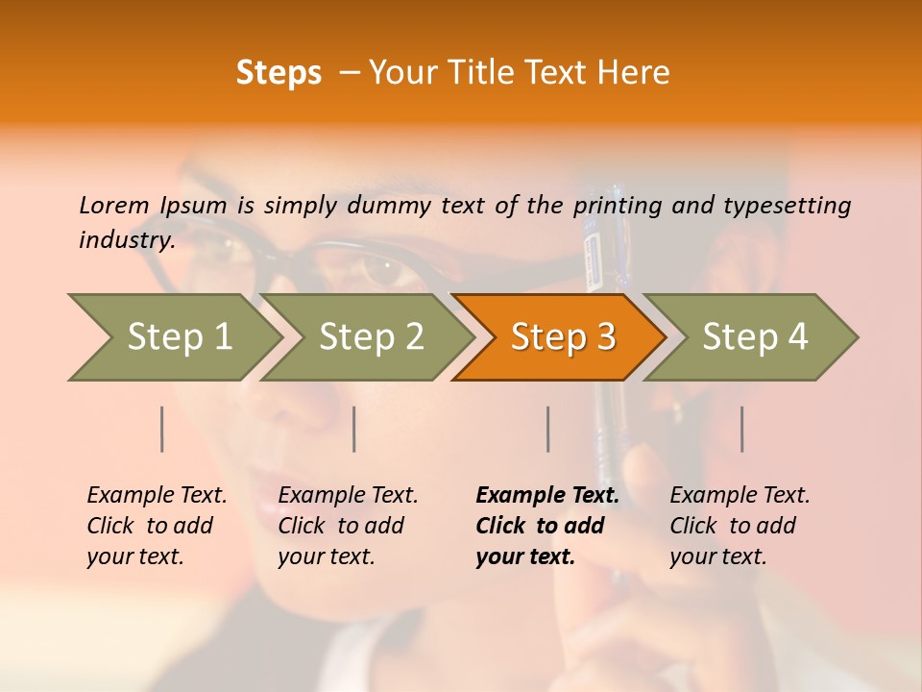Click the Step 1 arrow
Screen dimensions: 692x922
click(x=178, y=336)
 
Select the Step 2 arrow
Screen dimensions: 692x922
click(x=371, y=336)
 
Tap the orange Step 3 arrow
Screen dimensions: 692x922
click(x=563, y=336)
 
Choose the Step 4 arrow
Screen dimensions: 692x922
click(x=755, y=336)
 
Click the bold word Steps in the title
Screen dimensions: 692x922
click(x=279, y=72)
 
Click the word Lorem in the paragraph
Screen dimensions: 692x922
click(x=113, y=205)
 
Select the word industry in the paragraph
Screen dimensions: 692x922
click(x=126, y=239)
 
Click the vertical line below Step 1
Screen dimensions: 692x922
click(x=162, y=429)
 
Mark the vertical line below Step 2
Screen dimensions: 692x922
click(x=354, y=429)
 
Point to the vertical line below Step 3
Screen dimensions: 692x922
click(x=547, y=429)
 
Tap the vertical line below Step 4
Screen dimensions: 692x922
click(x=741, y=429)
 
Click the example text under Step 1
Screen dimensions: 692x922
click(x=157, y=526)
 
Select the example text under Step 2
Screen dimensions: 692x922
click(x=348, y=526)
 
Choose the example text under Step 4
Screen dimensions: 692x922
click(x=740, y=526)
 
